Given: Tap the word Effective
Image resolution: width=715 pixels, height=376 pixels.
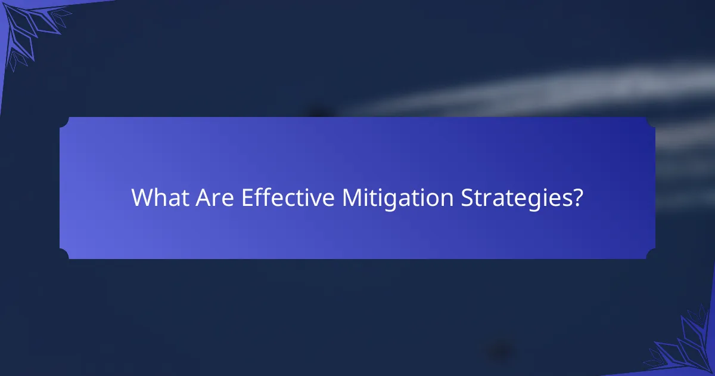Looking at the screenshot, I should pyautogui.click(x=288, y=198).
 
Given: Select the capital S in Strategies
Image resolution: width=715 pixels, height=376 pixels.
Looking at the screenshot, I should pyautogui.click(x=468, y=198).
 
